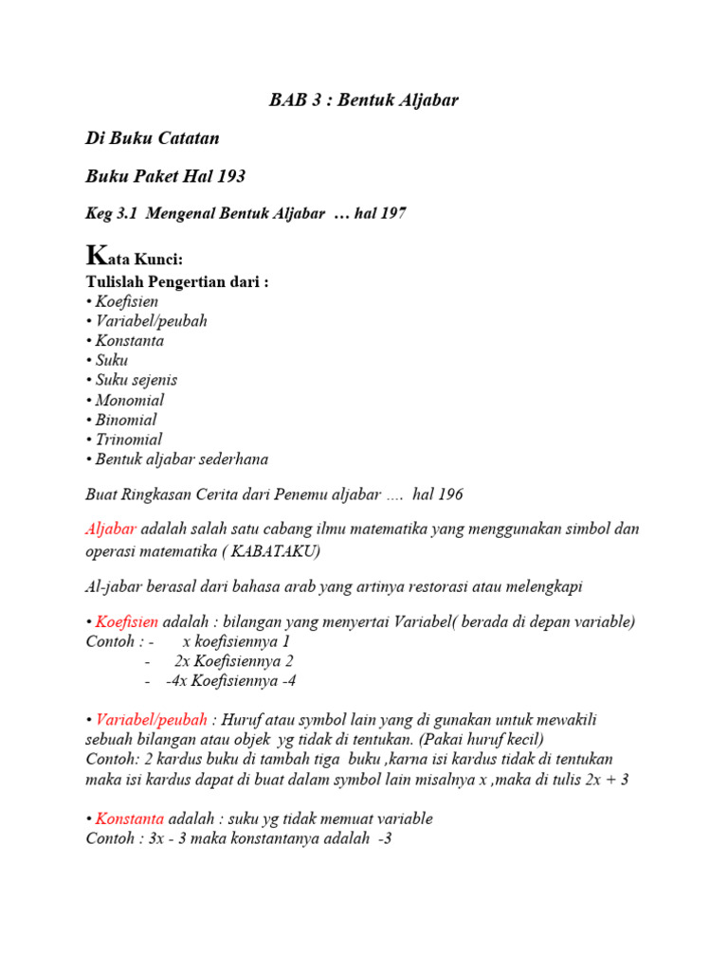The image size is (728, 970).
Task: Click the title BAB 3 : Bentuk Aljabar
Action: [364, 99]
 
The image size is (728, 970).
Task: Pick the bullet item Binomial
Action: [126, 420]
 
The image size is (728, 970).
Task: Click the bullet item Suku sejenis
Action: [136, 380]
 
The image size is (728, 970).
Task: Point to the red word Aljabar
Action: [111, 529]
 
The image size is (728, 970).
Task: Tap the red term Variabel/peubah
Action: [153, 720]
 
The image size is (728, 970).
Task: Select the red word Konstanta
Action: [129, 818]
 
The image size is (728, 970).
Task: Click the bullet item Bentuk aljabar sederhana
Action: [181, 459]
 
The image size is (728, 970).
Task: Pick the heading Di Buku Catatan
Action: [153, 138]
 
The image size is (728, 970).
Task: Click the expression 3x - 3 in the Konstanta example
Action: [163, 838]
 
